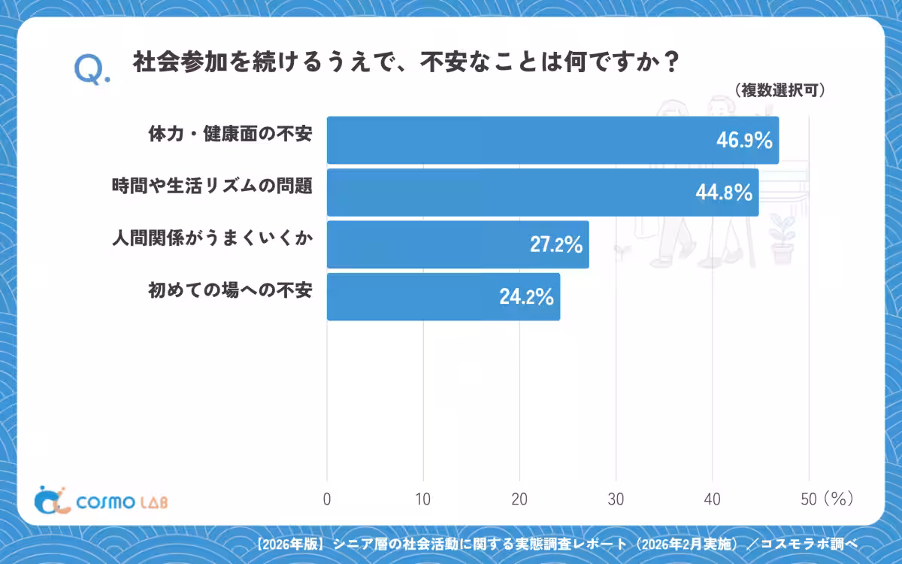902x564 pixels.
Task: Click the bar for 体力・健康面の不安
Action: pos(553,140)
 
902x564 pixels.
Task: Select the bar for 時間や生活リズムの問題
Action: pos(543,193)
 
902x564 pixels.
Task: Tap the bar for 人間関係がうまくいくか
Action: pos(458,244)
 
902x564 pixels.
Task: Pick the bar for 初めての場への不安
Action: pos(443,297)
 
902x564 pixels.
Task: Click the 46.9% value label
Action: pos(744,141)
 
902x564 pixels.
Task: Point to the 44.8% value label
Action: pos(724,193)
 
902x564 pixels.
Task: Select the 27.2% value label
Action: pos(556,244)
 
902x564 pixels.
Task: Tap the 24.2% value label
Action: pos(527,297)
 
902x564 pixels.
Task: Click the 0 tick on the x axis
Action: pos(327,499)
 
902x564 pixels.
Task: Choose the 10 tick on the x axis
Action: pos(422,499)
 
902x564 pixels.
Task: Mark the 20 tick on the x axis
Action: pos(519,499)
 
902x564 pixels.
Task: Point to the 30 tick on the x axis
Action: pos(616,499)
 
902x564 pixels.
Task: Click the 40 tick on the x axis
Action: pos(712,499)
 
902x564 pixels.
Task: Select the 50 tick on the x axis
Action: pos(809,499)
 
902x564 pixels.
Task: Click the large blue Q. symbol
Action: pos(92,70)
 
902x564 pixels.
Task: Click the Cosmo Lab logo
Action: pos(101,501)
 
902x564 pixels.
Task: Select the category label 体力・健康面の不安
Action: pos(230,134)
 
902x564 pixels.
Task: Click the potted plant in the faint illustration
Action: pos(781,239)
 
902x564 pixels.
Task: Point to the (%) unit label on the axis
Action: pos(839,499)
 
